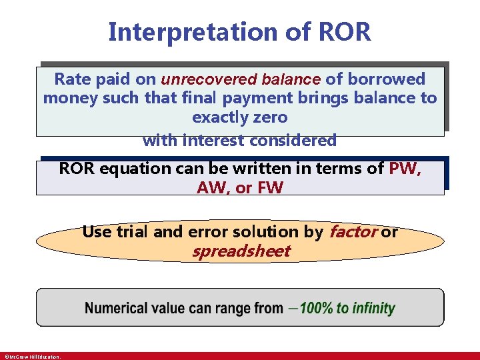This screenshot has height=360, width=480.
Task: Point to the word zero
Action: click(273, 117)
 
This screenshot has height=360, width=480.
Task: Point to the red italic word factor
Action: click(353, 232)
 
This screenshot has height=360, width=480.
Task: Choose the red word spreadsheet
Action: click(241, 251)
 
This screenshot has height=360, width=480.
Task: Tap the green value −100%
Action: click(316, 308)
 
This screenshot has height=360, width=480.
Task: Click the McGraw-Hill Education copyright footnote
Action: click(32, 357)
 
